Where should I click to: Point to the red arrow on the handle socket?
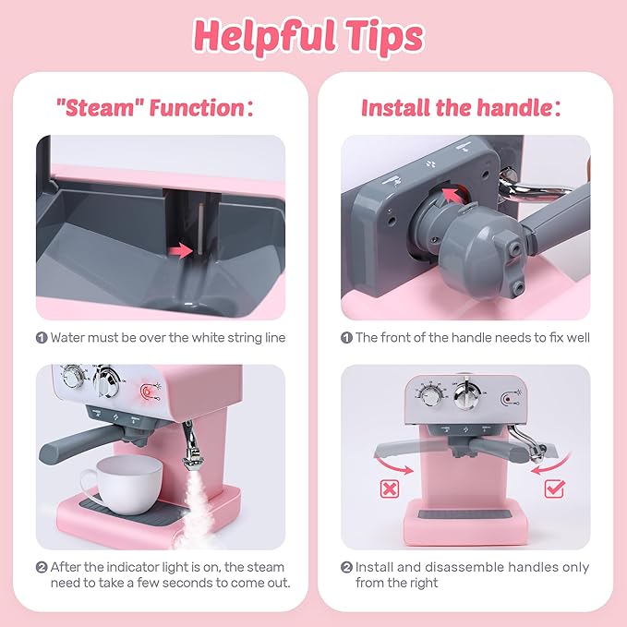tap(452, 193)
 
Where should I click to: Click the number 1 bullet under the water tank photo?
tap(42, 338)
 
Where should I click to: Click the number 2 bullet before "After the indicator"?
tap(42, 567)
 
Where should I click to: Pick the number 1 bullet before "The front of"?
tap(347, 338)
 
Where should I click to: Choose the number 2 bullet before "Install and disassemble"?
tap(347, 567)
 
